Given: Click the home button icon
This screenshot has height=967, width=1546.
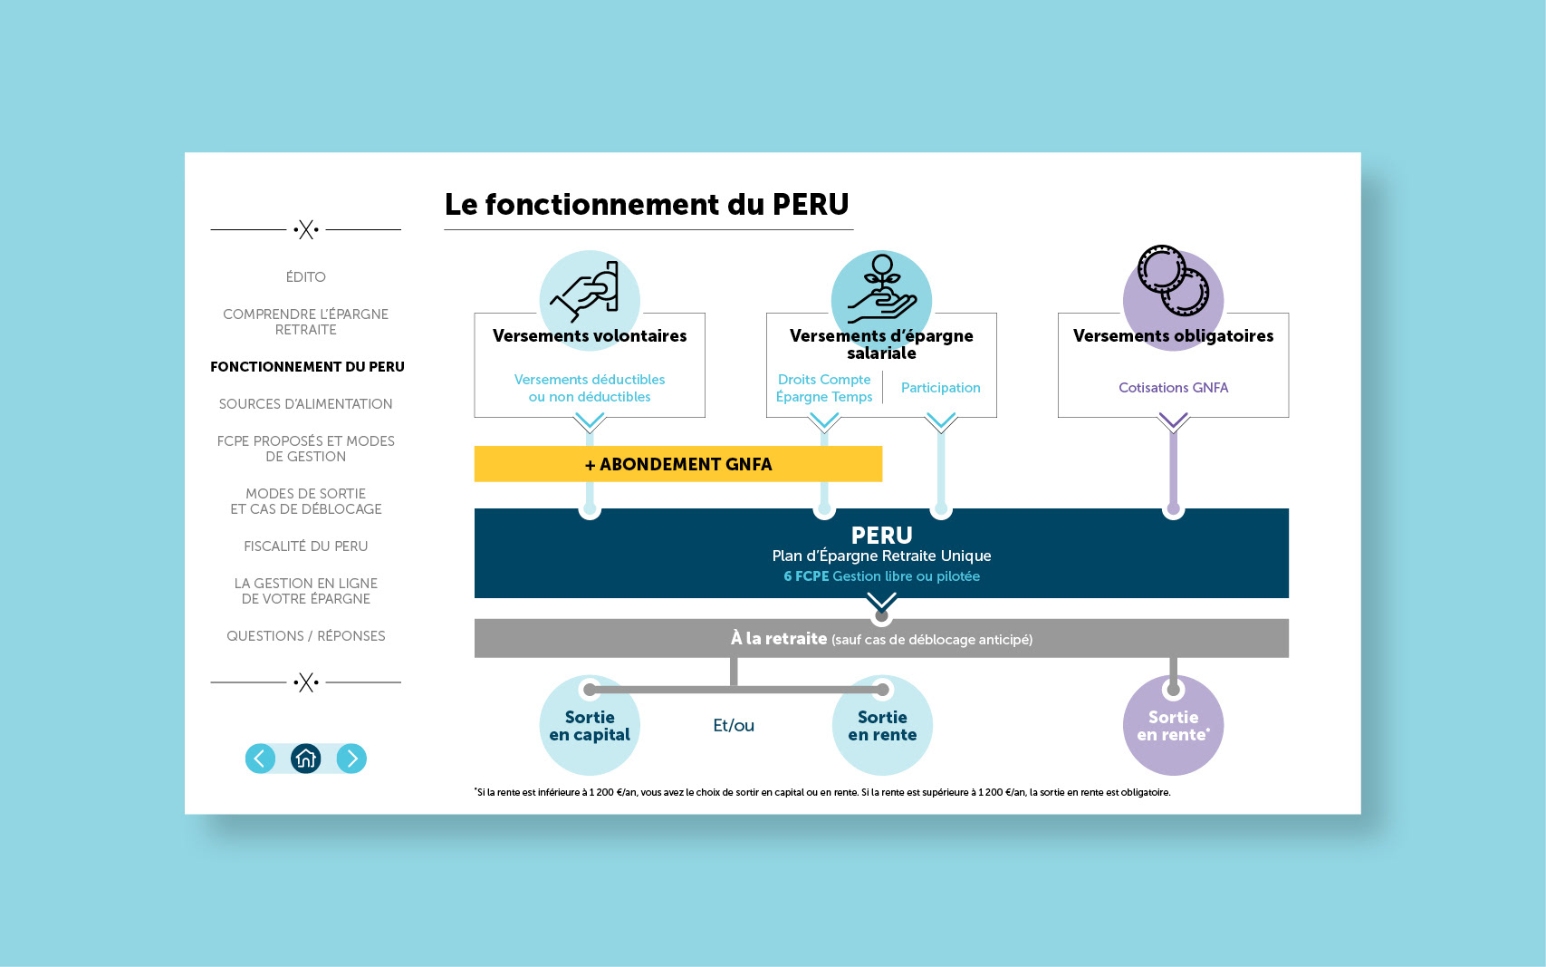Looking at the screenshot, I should (306, 759).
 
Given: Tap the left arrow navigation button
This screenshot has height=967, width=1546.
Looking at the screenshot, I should (260, 759).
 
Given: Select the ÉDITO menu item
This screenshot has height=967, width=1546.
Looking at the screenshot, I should (306, 277).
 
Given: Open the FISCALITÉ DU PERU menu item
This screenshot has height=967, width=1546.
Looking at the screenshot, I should (306, 546).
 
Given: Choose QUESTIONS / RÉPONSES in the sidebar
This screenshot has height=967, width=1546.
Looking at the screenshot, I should (306, 636).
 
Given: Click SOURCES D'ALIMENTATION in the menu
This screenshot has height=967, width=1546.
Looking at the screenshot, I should (306, 404).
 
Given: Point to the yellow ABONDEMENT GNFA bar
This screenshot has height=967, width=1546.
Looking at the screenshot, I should (678, 464).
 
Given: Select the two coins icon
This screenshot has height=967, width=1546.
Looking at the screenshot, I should (1173, 281).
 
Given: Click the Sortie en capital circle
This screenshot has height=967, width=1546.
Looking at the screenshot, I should (590, 726).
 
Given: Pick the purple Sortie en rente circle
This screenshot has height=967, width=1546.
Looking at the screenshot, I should (1173, 726).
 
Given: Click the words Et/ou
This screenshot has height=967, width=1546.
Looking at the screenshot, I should (734, 726).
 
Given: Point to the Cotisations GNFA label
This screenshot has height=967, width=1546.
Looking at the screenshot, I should (1173, 388).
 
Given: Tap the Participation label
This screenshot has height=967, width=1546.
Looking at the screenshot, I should (940, 388).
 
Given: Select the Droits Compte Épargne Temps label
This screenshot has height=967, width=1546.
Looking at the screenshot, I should (824, 388).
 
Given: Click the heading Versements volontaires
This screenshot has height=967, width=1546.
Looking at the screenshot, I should (590, 336).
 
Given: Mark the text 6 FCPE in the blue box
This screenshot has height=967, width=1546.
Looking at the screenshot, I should (806, 576).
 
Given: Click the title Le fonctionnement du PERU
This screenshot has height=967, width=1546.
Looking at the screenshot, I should (647, 205).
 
